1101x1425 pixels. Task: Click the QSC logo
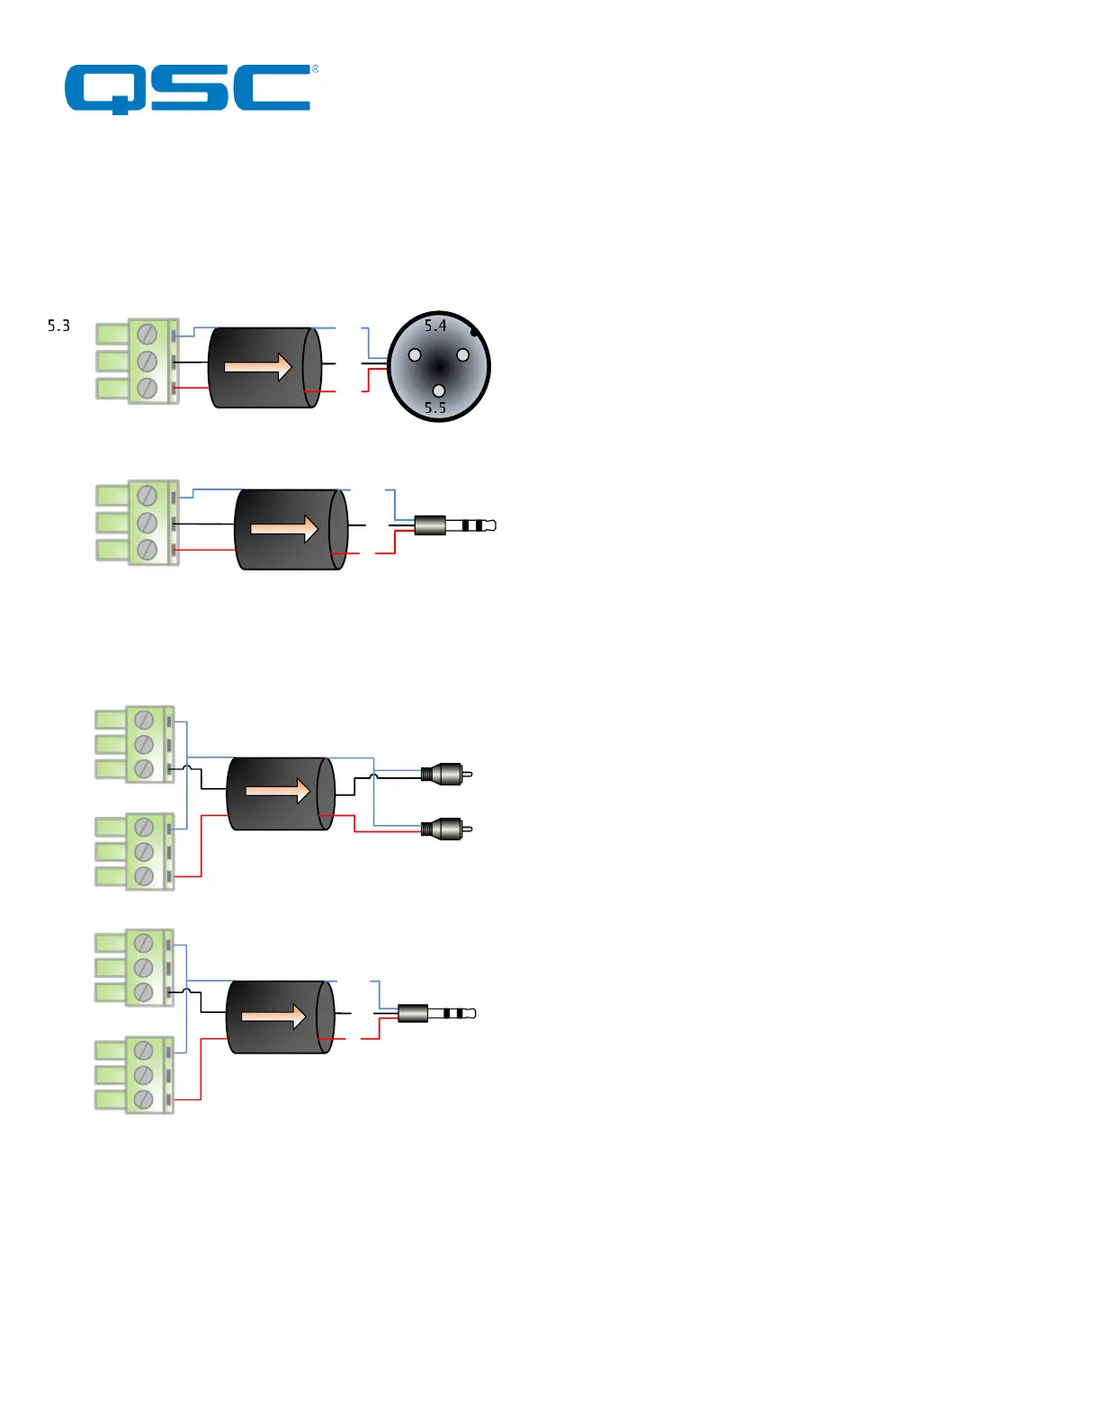click(x=188, y=89)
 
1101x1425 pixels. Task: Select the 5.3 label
click(x=58, y=326)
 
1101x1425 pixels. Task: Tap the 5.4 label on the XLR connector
click(x=435, y=326)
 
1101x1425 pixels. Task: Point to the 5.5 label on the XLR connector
click(x=435, y=408)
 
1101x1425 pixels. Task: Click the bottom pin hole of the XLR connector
click(x=439, y=390)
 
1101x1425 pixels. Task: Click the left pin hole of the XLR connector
click(x=415, y=355)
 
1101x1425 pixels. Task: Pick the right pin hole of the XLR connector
click(x=463, y=355)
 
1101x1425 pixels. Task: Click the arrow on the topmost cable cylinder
click(x=258, y=367)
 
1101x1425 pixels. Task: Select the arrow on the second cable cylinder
click(x=284, y=528)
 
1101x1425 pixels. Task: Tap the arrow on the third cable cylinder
click(x=277, y=791)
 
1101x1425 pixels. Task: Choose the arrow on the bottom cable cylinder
click(x=274, y=1016)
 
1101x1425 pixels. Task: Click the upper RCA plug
click(x=446, y=773)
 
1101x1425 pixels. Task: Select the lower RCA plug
click(x=446, y=828)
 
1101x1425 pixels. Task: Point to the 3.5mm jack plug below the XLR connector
click(x=455, y=525)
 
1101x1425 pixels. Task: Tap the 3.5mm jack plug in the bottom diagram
click(x=436, y=1014)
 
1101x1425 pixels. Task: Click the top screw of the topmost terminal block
click(x=148, y=335)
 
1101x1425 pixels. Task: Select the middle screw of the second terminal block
click(x=148, y=523)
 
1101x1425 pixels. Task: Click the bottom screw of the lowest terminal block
click(x=143, y=1099)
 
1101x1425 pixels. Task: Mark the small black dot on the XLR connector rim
click(x=475, y=333)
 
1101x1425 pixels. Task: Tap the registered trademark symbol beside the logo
click(x=315, y=69)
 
